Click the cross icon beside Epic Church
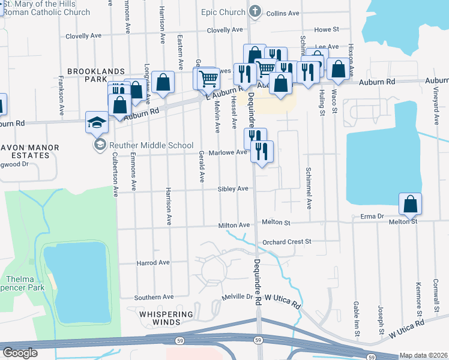coord(255,11)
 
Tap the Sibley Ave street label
coord(234,189)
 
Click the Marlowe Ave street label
coord(228,152)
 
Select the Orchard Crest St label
coord(287,242)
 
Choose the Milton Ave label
coord(234,225)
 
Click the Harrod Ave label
coord(153,263)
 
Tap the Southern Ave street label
coord(154,297)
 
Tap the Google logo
coord(20,353)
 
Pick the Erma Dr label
coord(372,216)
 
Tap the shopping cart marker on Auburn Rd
coord(208,79)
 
